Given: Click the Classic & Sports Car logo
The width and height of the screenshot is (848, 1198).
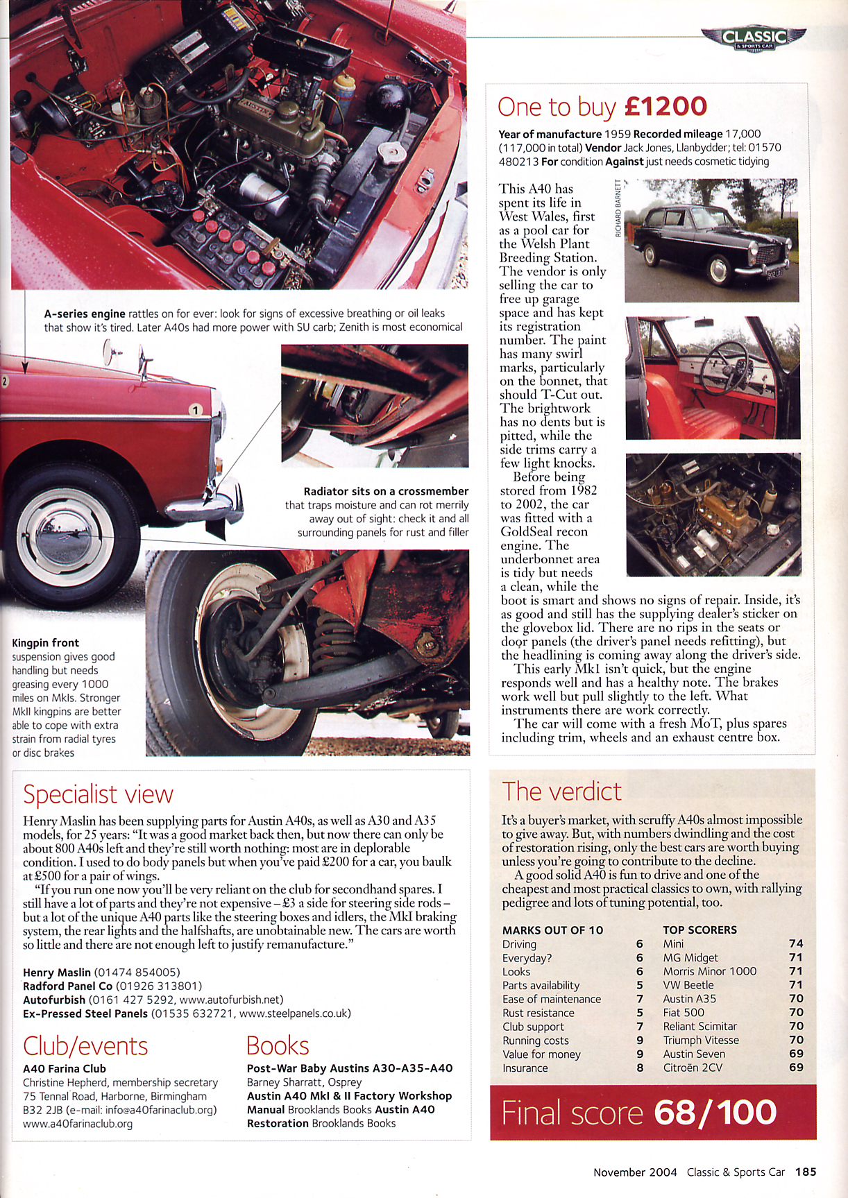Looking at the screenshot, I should coord(754,39).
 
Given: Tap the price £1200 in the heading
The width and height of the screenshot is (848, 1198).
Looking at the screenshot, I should coord(665,107).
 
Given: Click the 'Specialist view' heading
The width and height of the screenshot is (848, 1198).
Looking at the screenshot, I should coord(98,794).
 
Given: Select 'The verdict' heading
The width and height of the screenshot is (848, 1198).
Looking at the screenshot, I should coord(561,791).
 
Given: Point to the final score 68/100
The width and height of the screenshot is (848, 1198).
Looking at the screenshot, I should coord(715,1113).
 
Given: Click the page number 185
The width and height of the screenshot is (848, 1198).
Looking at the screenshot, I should coord(806,1172).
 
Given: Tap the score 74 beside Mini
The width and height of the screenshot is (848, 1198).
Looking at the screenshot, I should coord(796,943).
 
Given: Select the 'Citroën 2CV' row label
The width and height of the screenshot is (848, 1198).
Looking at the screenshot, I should coord(692,1068).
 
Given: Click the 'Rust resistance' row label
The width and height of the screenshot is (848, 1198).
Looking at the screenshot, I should coord(538,1013).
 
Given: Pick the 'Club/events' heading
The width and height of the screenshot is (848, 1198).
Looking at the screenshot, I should coord(85,1045).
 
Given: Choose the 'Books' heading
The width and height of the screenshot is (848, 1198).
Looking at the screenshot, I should coord(278,1045).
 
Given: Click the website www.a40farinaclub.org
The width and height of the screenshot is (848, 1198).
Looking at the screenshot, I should coord(78,1123).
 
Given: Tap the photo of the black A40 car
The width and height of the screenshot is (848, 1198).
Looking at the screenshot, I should coord(711,241).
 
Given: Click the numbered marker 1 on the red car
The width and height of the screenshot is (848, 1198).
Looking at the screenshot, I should coord(196,410).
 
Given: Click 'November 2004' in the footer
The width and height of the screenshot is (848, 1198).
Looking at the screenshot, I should coord(635,1172).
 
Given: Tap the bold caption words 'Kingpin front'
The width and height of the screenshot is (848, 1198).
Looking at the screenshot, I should coord(46,643).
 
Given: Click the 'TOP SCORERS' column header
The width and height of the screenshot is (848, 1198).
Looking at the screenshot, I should coord(699,930).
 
